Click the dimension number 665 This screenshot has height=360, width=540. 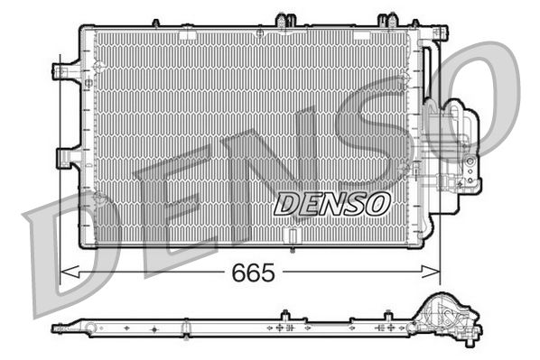[x=253, y=271]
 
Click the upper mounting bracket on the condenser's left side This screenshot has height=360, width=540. [x=67, y=73]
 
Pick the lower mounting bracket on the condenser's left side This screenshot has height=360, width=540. [x=67, y=159]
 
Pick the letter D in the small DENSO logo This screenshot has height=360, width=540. [x=286, y=204]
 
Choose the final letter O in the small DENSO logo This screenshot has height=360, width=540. [x=377, y=204]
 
